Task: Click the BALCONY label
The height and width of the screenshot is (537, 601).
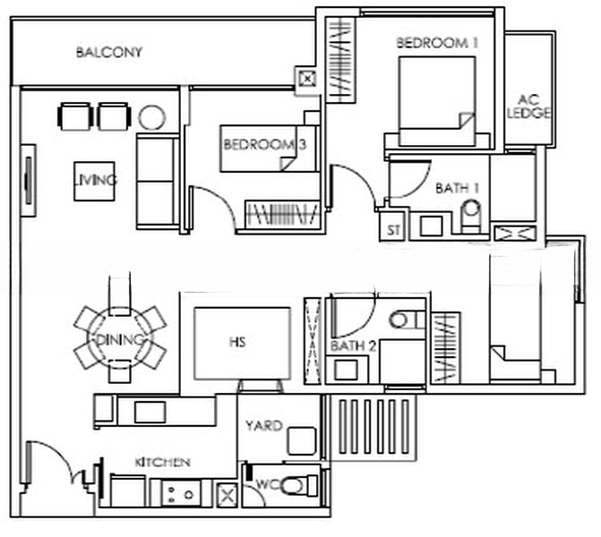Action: pyautogui.click(x=108, y=52)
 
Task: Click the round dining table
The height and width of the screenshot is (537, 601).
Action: pyautogui.click(x=119, y=338)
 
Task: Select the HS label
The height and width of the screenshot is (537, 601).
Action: pyautogui.click(x=237, y=342)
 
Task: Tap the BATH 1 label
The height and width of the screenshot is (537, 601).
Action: pyautogui.click(x=452, y=189)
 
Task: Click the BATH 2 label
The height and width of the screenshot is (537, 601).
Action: pyautogui.click(x=347, y=345)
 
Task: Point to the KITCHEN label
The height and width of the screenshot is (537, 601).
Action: pyautogui.click(x=162, y=462)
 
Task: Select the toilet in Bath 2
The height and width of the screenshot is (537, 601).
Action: pyautogui.click(x=408, y=319)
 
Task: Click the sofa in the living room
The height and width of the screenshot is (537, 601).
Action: pyautogui.click(x=157, y=179)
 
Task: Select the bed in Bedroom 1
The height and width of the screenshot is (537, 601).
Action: pyautogui.click(x=436, y=100)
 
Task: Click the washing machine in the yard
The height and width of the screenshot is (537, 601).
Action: pyautogui.click(x=302, y=440)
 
